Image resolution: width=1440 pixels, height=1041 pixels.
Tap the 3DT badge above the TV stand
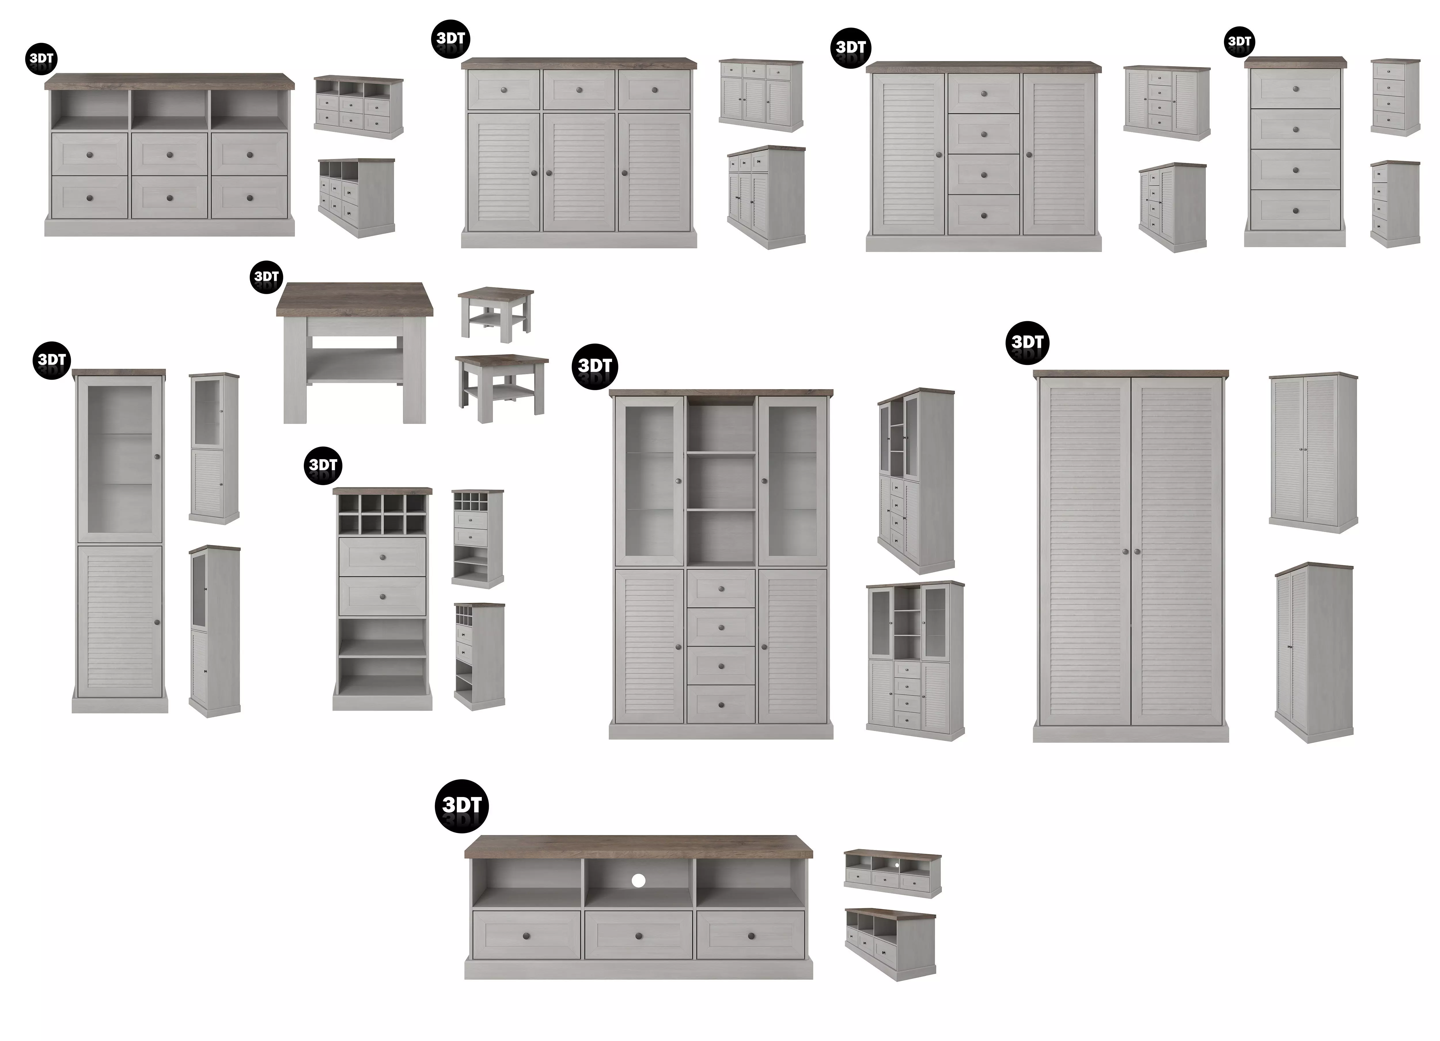(462, 805)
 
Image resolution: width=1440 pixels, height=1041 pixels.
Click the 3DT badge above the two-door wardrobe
(1027, 342)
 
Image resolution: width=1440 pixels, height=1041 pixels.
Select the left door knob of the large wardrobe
(1125, 551)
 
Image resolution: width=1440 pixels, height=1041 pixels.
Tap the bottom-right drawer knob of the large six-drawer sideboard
(249, 198)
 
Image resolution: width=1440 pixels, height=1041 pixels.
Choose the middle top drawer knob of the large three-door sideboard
(579, 90)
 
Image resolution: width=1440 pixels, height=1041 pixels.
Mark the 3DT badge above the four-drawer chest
(1239, 42)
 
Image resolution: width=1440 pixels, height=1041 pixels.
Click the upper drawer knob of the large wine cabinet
(382, 557)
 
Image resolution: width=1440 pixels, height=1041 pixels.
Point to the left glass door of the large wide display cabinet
(649, 481)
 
